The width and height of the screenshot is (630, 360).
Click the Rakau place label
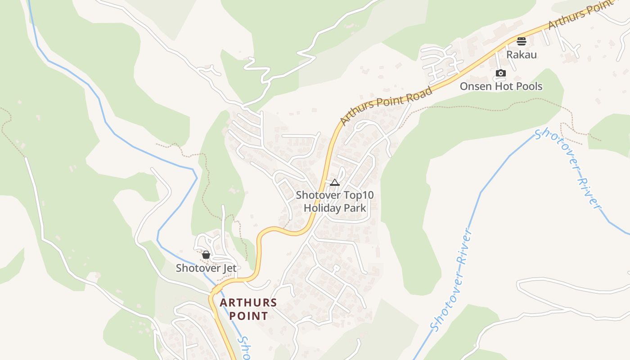pyautogui.click(x=522, y=54)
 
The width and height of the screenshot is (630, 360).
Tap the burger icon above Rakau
pyautogui.click(x=522, y=41)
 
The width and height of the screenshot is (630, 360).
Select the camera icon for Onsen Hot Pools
pyautogui.click(x=501, y=73)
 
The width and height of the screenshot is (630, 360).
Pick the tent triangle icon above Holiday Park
pyautogui.click(x=334, y=182)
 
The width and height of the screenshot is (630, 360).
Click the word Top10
pyautogui.click(x=359, y=195)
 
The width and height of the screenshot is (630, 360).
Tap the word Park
pyautogui.click(x=355, y=208)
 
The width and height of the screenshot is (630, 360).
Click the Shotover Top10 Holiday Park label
pyautogui.click(x=335, y=202)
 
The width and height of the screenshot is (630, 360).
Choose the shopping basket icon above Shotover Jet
pyautogui.click(x=206, y=255)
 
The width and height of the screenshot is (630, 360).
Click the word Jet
pyautogui.click(x=228, y=268)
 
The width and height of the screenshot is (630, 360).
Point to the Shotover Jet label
pyautogui.click(x=206, y=268)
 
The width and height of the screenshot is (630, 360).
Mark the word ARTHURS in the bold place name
pyautogui.click(x=248, y=302)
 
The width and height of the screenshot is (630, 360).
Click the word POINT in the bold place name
pyautogui.click(x=248, y=316)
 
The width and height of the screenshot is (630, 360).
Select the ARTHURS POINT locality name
pyautogui.click(x=248, y=309)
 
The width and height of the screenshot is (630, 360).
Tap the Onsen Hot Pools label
pyautogui.click(x=501, y=86)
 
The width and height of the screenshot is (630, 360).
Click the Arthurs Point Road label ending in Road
pyautogui.click(x=386, y=106)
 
